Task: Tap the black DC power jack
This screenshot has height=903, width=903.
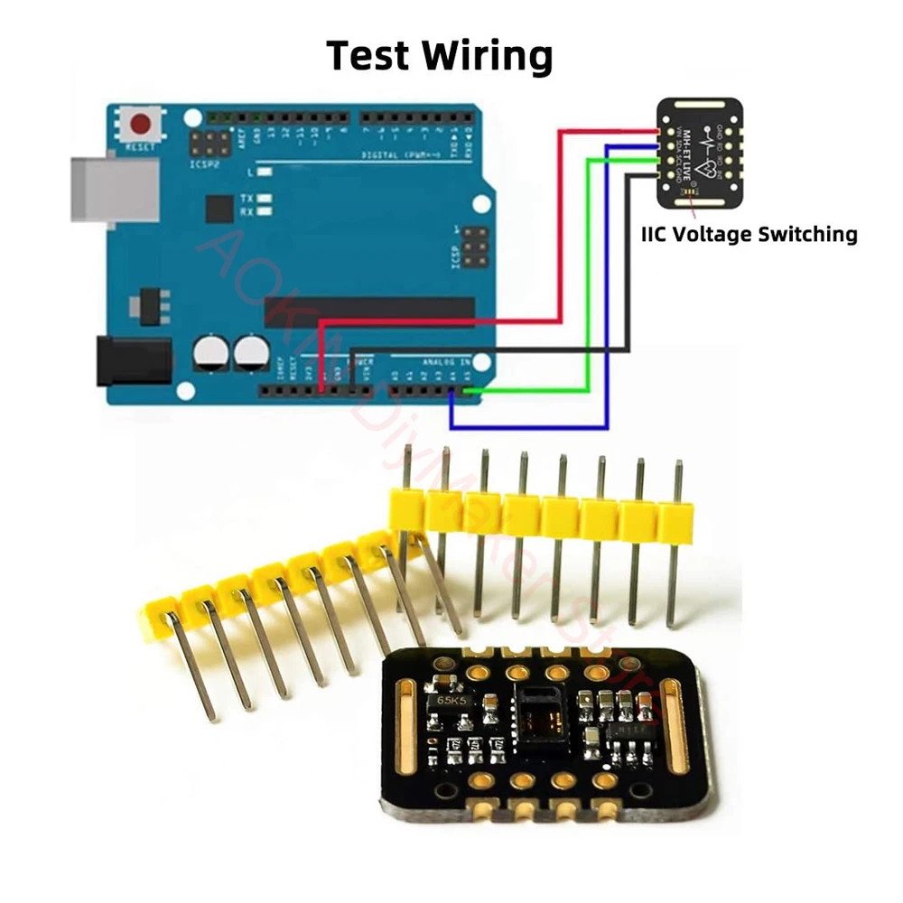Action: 132,360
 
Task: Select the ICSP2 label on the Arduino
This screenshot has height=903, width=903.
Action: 205,165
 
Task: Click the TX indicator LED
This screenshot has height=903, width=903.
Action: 265,198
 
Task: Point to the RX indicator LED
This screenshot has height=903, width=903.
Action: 265,212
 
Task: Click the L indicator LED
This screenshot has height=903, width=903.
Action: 264,172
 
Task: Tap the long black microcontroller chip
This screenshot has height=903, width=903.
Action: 369,312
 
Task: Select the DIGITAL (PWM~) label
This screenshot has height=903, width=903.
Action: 397,154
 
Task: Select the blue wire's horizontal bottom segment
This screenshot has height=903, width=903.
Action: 528,425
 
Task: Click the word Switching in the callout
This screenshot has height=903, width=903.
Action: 807,234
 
